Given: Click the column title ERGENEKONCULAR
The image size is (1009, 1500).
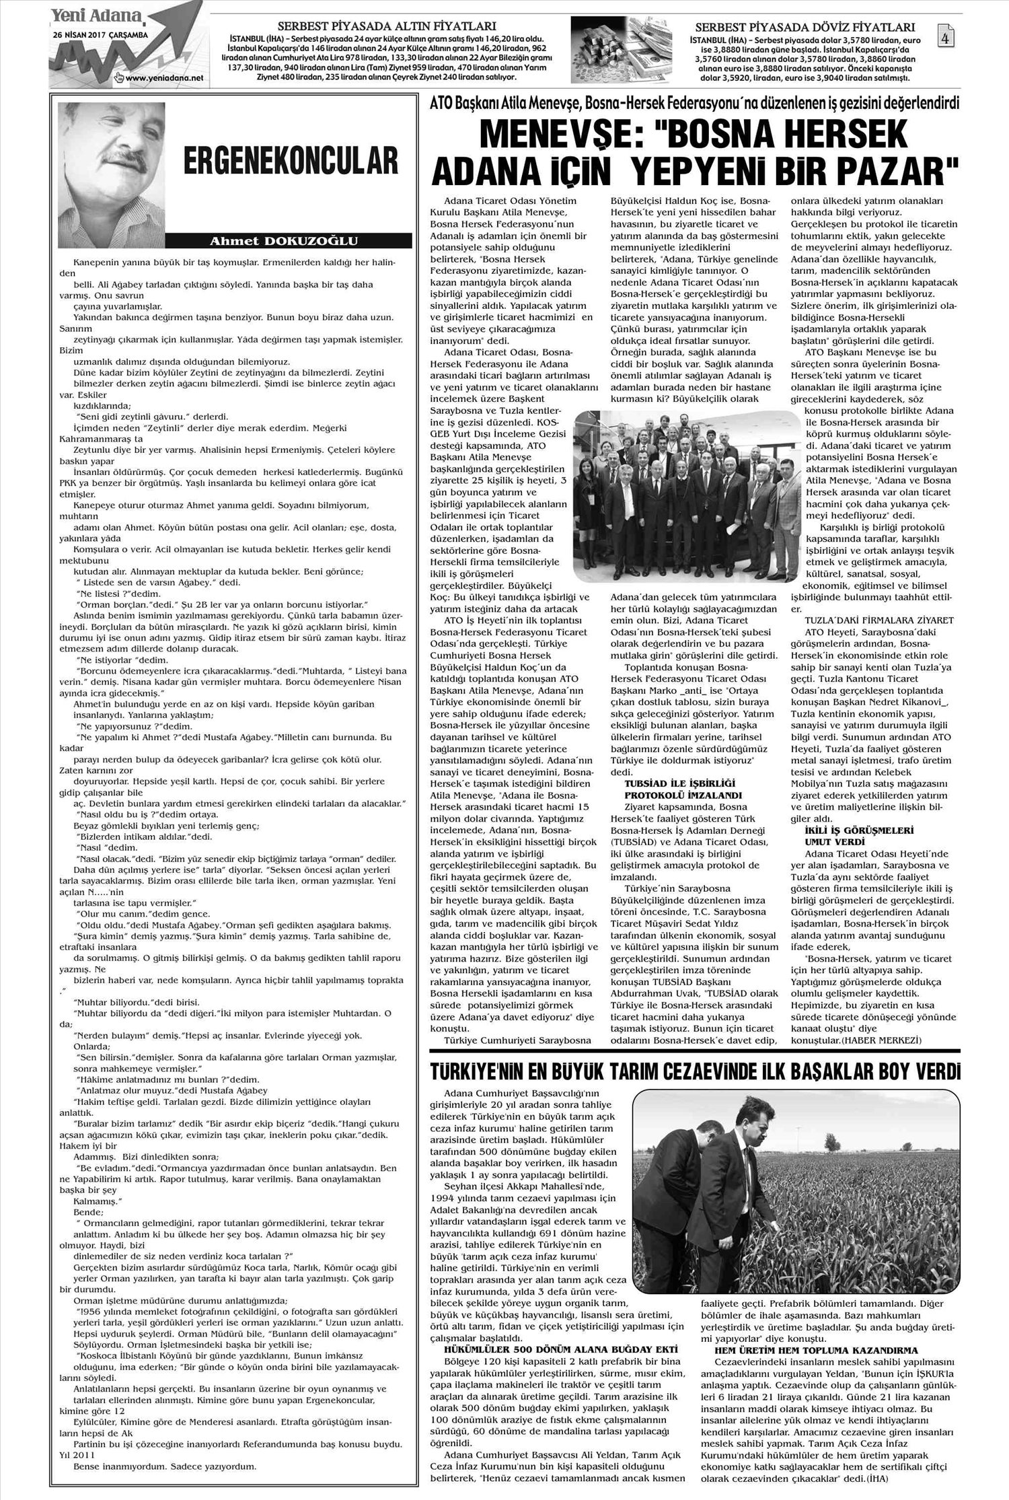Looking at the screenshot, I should click(x=289, y=164).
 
